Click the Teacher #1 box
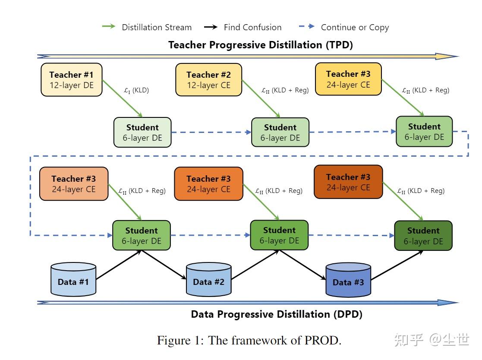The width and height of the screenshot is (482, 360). click(71, 80)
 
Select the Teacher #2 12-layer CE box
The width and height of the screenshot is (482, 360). click(208, 80)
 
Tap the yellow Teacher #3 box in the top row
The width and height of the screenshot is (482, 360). click(348, 79)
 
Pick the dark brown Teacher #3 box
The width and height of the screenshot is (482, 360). click(348, 182)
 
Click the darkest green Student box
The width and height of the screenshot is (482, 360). click(423, 236)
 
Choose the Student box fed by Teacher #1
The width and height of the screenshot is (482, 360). click(142, 133)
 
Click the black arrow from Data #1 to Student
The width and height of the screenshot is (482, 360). click(118, 265)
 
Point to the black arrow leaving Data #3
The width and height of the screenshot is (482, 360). click(396, 266)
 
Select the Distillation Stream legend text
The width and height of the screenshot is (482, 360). click(157, 28)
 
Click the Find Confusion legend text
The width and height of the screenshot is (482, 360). click(252, 28)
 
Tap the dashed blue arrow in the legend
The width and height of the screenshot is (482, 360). click(307, 27)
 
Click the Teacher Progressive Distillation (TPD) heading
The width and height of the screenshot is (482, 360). click(260, 45)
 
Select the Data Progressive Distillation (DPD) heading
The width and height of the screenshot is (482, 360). click(277, 314)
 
